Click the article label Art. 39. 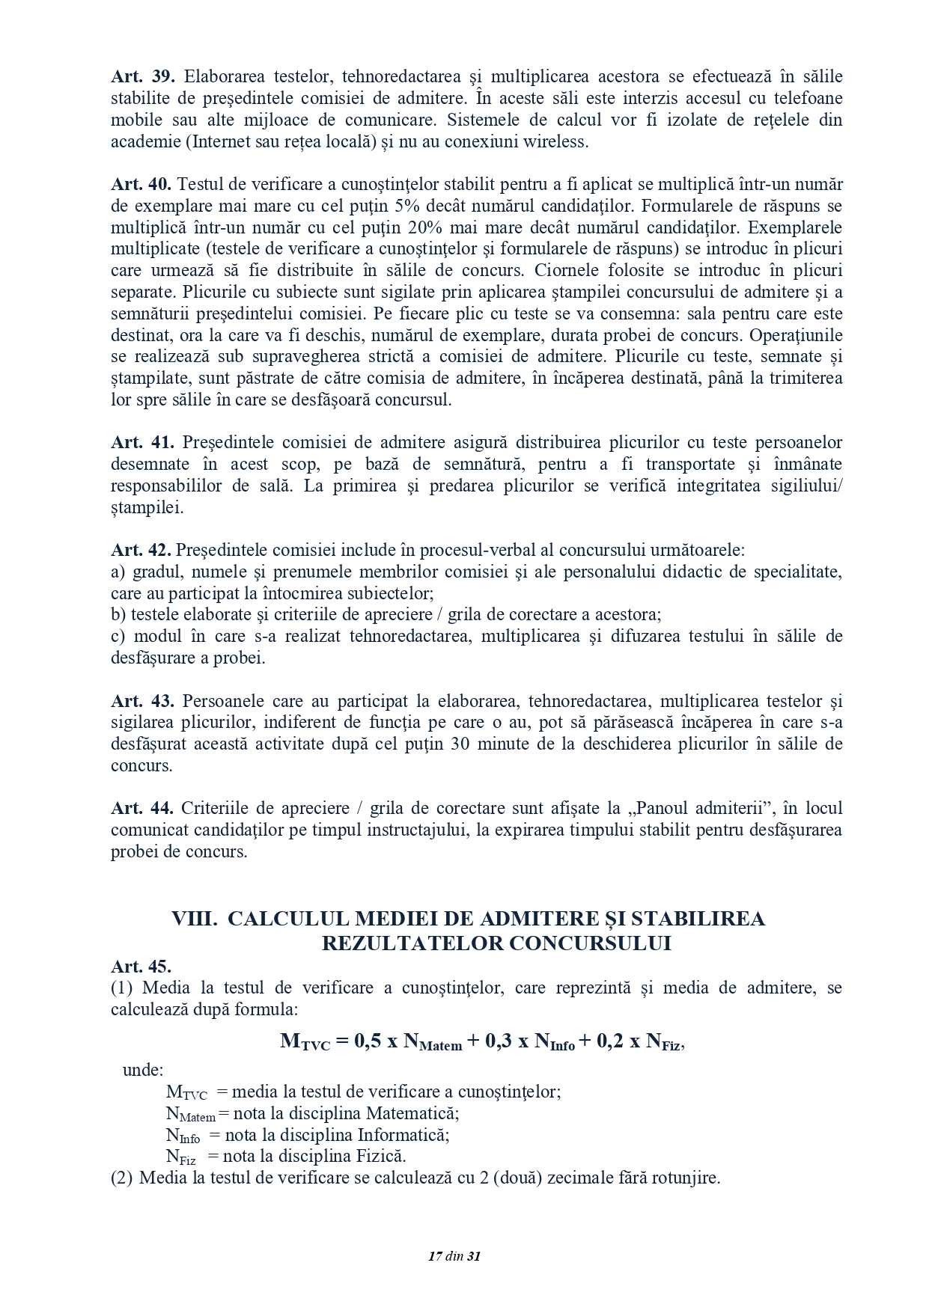(142, 76)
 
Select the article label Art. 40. (141, 184)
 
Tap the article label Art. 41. (142, 442)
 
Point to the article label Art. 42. (141, 550)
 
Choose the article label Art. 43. (142, 701)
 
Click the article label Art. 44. (142, 808)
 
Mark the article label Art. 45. (141, 966)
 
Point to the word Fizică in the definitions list (382, 1156)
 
